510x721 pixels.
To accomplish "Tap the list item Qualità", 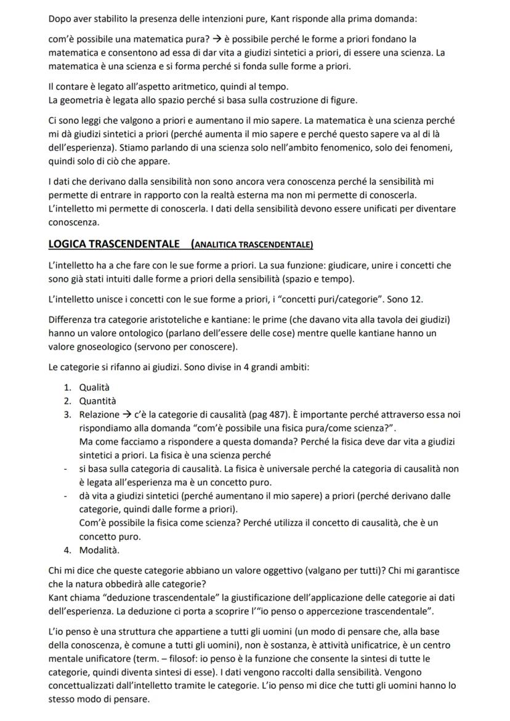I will [94, 387].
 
